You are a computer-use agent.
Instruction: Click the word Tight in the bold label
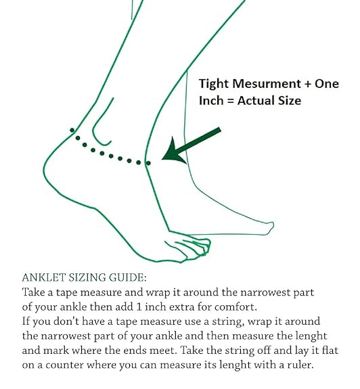coord(214,84)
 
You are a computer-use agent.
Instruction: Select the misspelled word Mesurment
coord(267,83)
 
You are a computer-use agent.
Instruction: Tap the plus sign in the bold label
coord(308,84)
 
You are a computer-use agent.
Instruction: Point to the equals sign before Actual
coord(231,101)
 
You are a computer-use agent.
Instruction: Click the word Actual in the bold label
coord(255,101)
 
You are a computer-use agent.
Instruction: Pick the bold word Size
coord(290,101)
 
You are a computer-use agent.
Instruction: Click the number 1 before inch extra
coord(139,307)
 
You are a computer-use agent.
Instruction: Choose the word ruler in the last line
coord(300,365)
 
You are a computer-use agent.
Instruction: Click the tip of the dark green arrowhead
coord(162,159)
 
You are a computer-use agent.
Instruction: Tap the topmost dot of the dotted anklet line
coord(72,130)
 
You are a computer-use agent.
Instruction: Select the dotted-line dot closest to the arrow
coord(148,163)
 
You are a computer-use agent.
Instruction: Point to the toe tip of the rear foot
coord(273,226)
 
